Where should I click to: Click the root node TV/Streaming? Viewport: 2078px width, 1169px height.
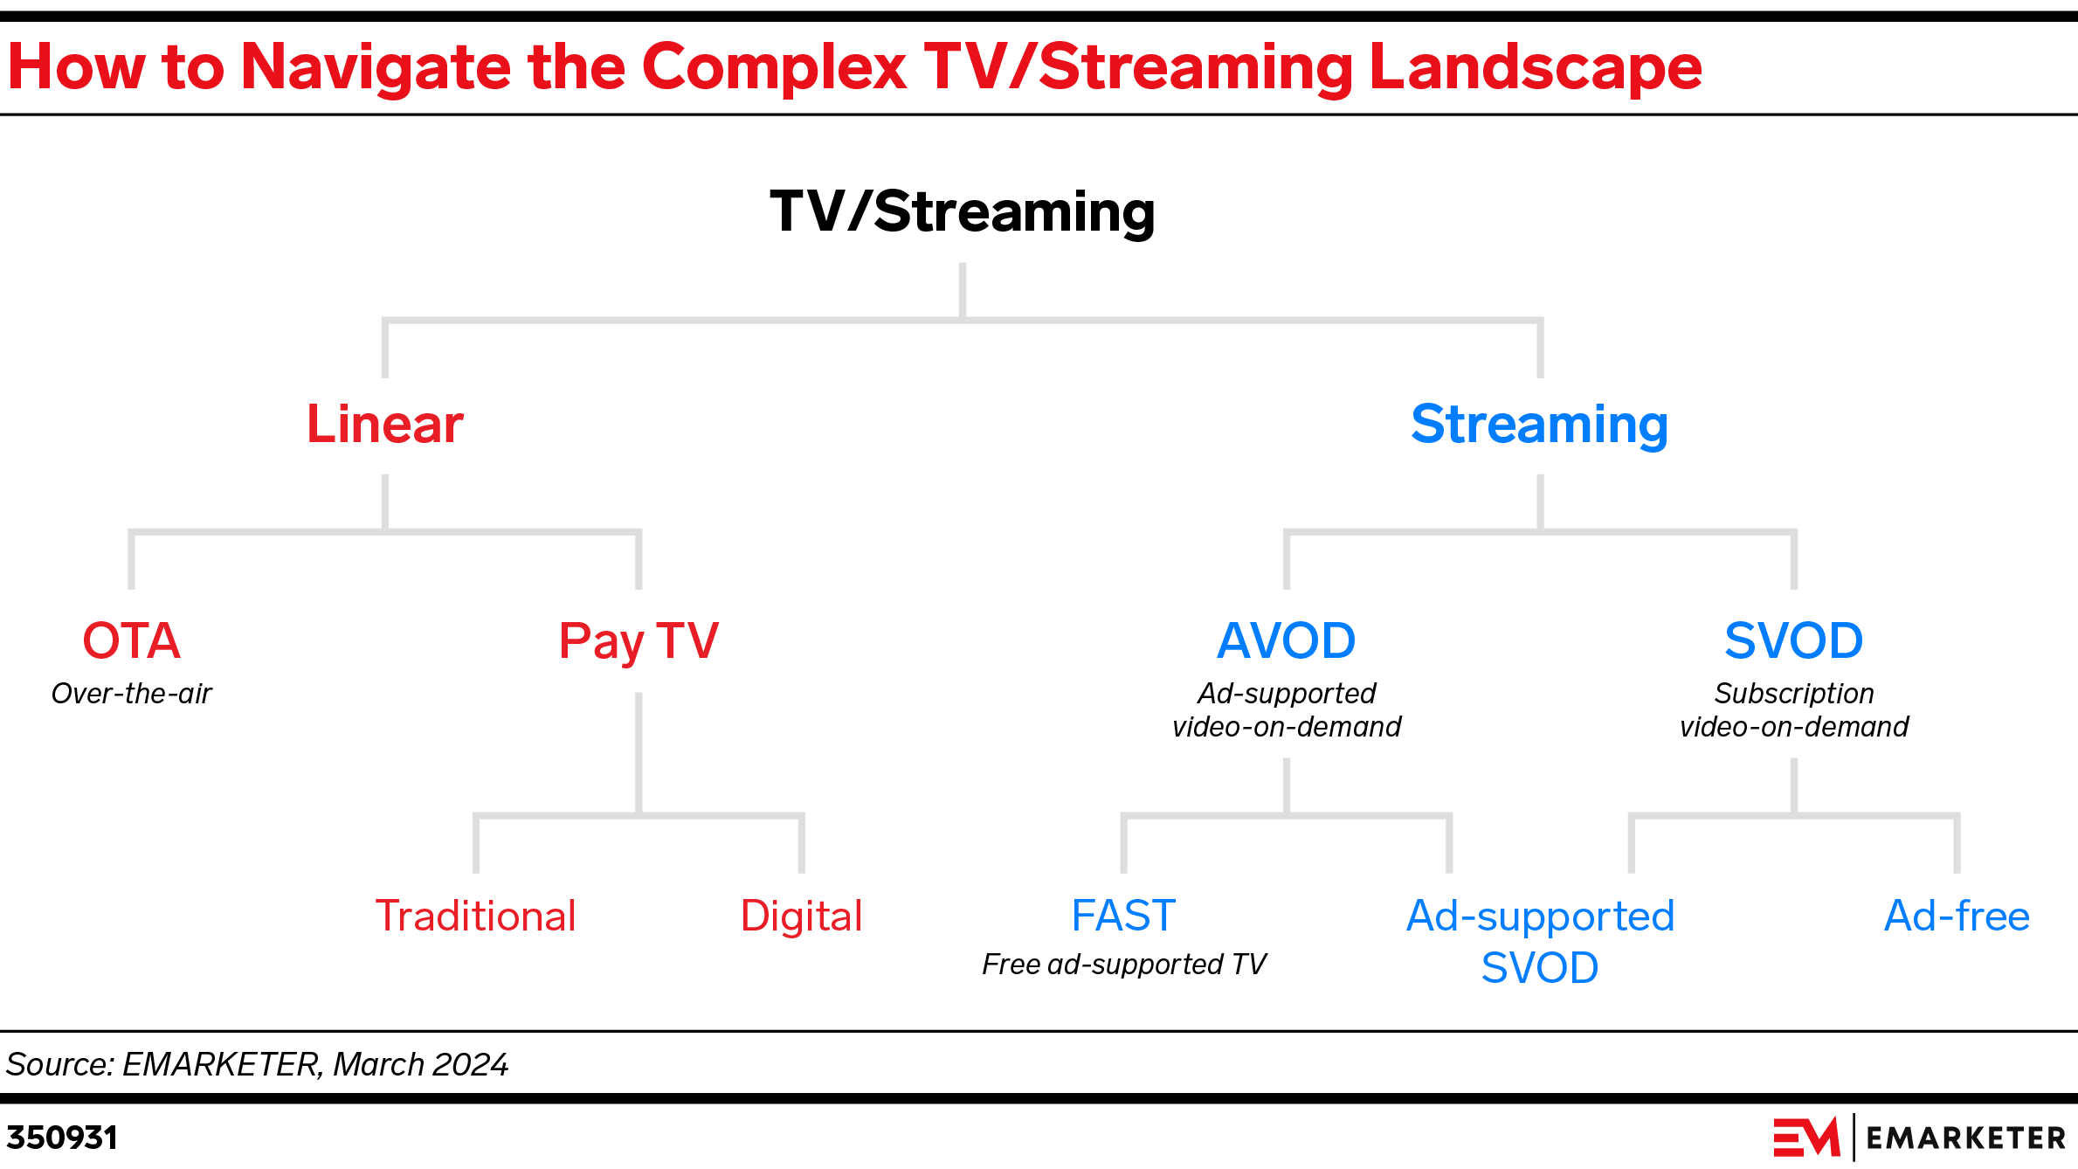click(962, 212)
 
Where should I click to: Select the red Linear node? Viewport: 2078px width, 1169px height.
click(384, 425)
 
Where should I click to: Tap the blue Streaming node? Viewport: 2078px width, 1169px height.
click(1539, 425)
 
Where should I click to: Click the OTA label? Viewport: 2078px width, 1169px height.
click(131, 640)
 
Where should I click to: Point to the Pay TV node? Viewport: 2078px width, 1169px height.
click(639, 642)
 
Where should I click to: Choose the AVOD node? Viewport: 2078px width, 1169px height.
click(1286, 640)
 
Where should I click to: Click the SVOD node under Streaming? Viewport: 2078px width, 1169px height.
click(1793, 640)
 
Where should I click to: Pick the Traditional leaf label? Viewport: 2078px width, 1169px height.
click(475, 917)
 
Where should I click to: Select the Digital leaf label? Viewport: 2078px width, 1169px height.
click(801, 917)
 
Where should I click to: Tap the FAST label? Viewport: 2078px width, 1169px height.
click(1123, 917)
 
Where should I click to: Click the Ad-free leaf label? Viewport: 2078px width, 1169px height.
click(1957, 917)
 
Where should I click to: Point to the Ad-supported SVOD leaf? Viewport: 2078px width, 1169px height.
click(1540, 942)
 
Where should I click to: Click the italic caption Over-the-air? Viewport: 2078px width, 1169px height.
click(131, 694)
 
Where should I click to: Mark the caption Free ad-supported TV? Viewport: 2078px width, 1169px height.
click(1123, 965)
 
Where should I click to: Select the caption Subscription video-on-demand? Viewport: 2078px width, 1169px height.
click(1793, 710)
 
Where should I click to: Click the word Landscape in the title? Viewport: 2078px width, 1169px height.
click(1535, 68)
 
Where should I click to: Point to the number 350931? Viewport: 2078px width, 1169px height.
click(62, 1138)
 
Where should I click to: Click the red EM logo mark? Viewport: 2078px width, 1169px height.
click(1805, 1138)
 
